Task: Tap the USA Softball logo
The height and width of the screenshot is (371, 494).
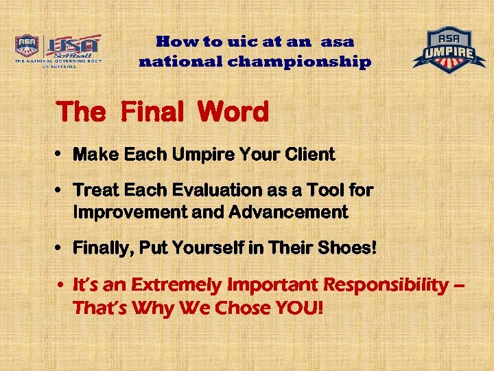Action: point(58,50)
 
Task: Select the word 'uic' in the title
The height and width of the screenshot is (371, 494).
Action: point(221,41)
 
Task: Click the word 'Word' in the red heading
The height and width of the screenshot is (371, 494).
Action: point(233,113)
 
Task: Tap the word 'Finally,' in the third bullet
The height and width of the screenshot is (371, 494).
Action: point(104,248)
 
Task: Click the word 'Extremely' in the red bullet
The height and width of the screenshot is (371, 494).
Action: point(176,285)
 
